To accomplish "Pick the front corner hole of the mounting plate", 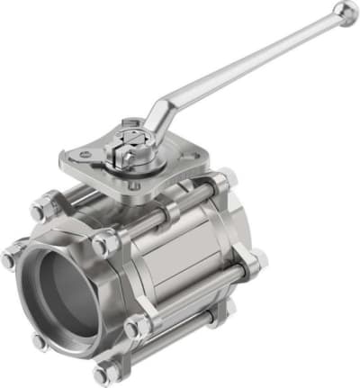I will (x=132, y=191).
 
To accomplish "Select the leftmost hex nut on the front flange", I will (x=10, y=257).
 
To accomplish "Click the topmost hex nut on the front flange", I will (x=41, y=210).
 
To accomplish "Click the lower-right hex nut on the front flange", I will (x=137, y=328).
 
